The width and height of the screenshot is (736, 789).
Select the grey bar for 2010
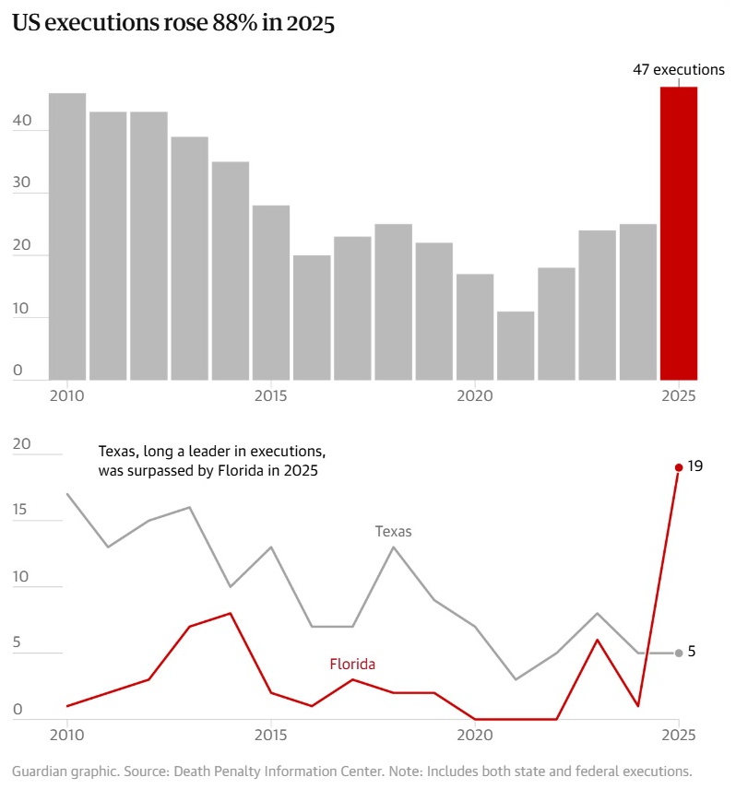pyautogui.click(x=67, y=236)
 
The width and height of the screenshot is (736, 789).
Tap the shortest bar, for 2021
pyautogui.click(x=516, y=346)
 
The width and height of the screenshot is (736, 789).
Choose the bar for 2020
pyautogui.click(x=475, y=326)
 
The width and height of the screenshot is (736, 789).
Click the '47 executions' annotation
pyautogui.click(x=678, y=70)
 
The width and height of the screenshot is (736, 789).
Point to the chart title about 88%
pyautogui.click(x=172, y=25)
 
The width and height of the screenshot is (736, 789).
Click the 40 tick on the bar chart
pyautogui.click(x=22, y=121)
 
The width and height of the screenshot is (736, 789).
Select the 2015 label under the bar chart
pyautogui.click(x=271, y=395)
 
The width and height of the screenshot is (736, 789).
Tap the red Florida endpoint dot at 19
pyautogui.click(x=679, y=467)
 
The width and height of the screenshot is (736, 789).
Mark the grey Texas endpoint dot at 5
pyautogui.click(x=679, y=653)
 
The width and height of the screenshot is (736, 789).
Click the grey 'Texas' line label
pyautogui.click(x=393, y=531)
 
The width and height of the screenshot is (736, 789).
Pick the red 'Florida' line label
pyautogui.click(x=352, y=664)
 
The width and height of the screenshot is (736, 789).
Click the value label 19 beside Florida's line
pyautogui.click(x=695, y=467)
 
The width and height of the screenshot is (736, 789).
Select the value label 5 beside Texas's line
pyautogui.click(x=692, y=652)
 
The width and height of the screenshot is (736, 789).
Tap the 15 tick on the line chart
pyautogui.click(x=22, y=511)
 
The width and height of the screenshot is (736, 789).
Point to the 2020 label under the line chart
pyautogui.click(x=475, y=735)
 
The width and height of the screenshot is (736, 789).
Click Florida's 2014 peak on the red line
pyautogui.click(x=231, y=613)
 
